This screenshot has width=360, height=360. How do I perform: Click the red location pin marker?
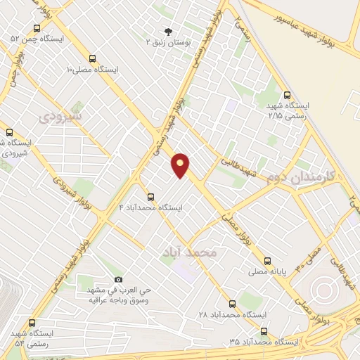(x=181, y=165)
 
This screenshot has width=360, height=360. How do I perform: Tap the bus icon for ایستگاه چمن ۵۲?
(x=37, y=28)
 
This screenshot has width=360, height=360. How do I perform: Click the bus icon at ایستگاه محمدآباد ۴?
(x=150, y=197)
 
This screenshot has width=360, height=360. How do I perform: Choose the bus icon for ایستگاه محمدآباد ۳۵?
(x=264, y=330)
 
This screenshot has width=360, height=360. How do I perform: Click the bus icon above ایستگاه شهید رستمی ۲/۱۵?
(x=286, y=95)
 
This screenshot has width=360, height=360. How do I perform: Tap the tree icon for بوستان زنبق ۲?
(x=167, y=31)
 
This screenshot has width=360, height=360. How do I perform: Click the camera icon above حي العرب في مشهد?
(x=117, y=279)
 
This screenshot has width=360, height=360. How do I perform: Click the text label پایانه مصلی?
(x=266, y=269)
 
